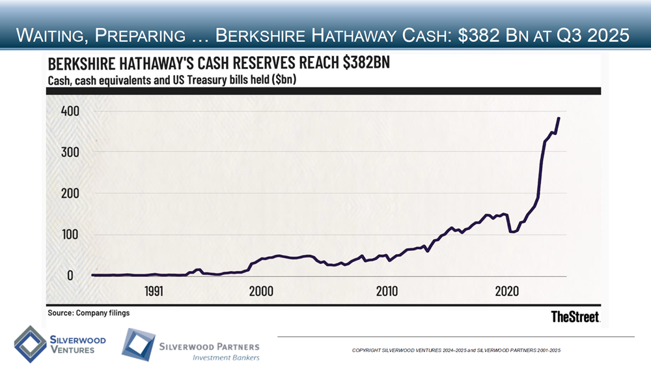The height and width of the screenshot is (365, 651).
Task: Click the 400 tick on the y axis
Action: coord(64,111)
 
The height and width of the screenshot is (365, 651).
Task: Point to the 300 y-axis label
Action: coord(64,152)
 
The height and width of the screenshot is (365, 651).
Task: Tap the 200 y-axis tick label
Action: coord(64,194)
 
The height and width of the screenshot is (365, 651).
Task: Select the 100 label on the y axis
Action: coord(64,234)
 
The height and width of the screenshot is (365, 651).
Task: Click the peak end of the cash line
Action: coord(559,119)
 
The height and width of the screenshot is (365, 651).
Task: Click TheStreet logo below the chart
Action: coord(575,317)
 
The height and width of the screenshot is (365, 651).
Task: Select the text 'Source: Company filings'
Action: coord(89,313)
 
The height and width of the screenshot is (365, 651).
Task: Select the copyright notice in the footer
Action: coord(461,351)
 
